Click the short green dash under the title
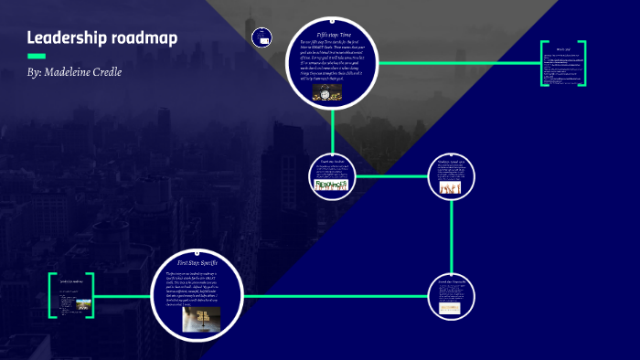pos(37,56)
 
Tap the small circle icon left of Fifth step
pos(263,38)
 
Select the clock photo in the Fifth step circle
pos(327,93)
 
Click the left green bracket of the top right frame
pos(543,64)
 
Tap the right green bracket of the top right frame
pos(583,64)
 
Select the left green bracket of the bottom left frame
pos(52,295)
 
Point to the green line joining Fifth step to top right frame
pos(457,64)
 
